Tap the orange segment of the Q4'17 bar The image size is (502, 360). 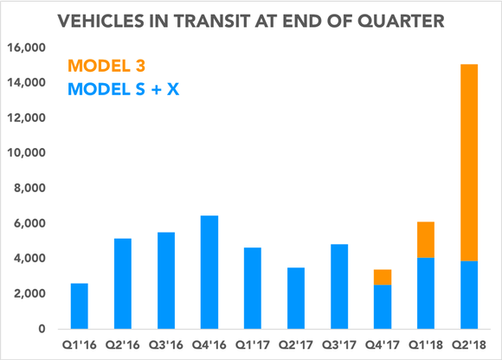tap(381, 277)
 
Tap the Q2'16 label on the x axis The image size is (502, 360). tap(123, 344)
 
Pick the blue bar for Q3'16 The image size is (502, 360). tap(166, 280)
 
